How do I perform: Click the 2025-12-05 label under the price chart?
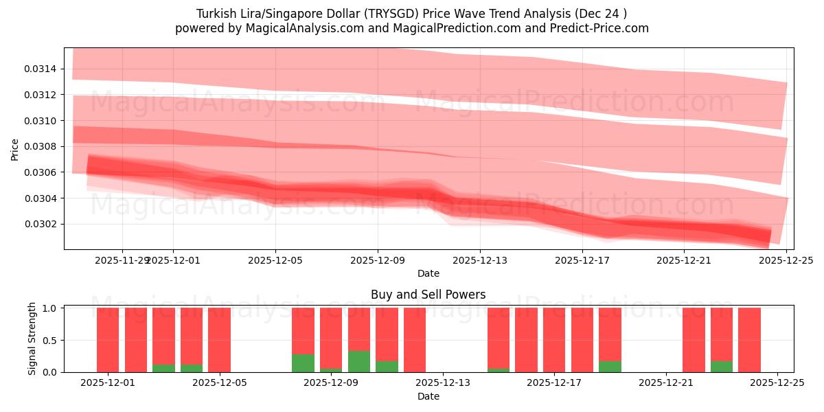click(275, 260)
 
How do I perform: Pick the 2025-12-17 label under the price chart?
click(582, 260)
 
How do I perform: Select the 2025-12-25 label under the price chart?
click(786, 260)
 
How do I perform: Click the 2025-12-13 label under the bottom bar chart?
click(443, 382)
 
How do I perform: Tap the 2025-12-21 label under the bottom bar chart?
click(666, 382)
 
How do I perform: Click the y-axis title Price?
click(15, 149)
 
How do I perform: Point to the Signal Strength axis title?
click(32, 339)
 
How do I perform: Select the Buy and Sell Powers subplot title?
click(428, 295)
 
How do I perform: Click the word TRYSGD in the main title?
click(386, 14)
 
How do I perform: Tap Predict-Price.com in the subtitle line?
click(601, 28)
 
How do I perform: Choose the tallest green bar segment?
click(359, 361)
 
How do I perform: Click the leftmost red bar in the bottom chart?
click(108, 340)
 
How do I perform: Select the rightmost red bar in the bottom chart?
click(749, 340)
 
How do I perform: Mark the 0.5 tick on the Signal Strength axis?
click(51, 340)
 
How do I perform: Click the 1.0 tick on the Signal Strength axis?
click(51, 308)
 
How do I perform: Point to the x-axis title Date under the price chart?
click(428, 274)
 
